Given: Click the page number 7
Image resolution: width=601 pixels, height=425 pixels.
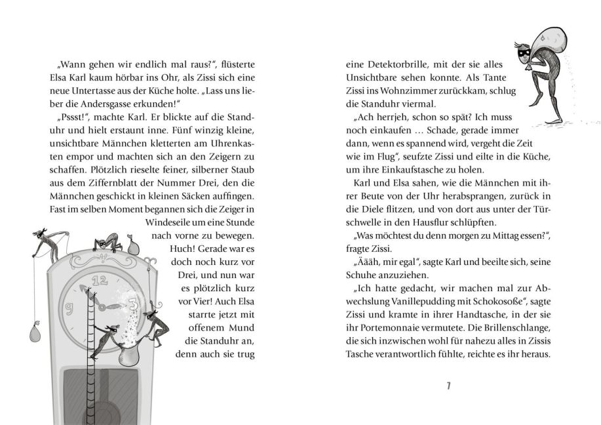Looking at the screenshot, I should coord(449,386).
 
